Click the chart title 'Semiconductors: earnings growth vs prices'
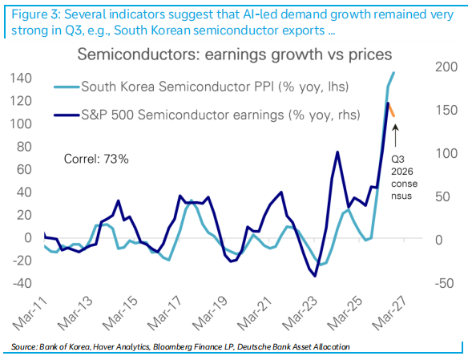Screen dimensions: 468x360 click(x=235, y=55)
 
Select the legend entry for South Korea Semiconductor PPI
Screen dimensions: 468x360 click(x=201, y=87)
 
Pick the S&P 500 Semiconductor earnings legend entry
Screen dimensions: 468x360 click(x=207, y=115)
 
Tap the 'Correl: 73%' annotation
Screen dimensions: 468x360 click(x=96, y=159)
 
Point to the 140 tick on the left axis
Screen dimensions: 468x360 click(x=21, y=79)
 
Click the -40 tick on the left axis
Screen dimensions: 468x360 click(x=22, y=283)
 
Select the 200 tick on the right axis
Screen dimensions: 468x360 click(x=446, y=67)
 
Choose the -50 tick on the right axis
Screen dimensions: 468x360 click(x=445, y=283)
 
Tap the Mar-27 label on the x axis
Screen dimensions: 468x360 click(x=389, y=313)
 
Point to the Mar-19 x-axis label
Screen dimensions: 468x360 click(x=209, y=313)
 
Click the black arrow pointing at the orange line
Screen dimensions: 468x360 click(x=395, y=136)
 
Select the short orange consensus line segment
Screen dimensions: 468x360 click(x=391, y=110)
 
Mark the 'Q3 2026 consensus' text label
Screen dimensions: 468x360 click(x=405, y=178)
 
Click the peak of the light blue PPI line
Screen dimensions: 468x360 click(x=394, y=72)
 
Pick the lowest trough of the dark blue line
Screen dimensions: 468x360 click(x=315, y=276)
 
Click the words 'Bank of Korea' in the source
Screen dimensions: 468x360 click(x=64, y=347)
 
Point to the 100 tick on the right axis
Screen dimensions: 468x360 click(x=446, y=153)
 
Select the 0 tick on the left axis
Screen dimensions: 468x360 click(x=28, y=237)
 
